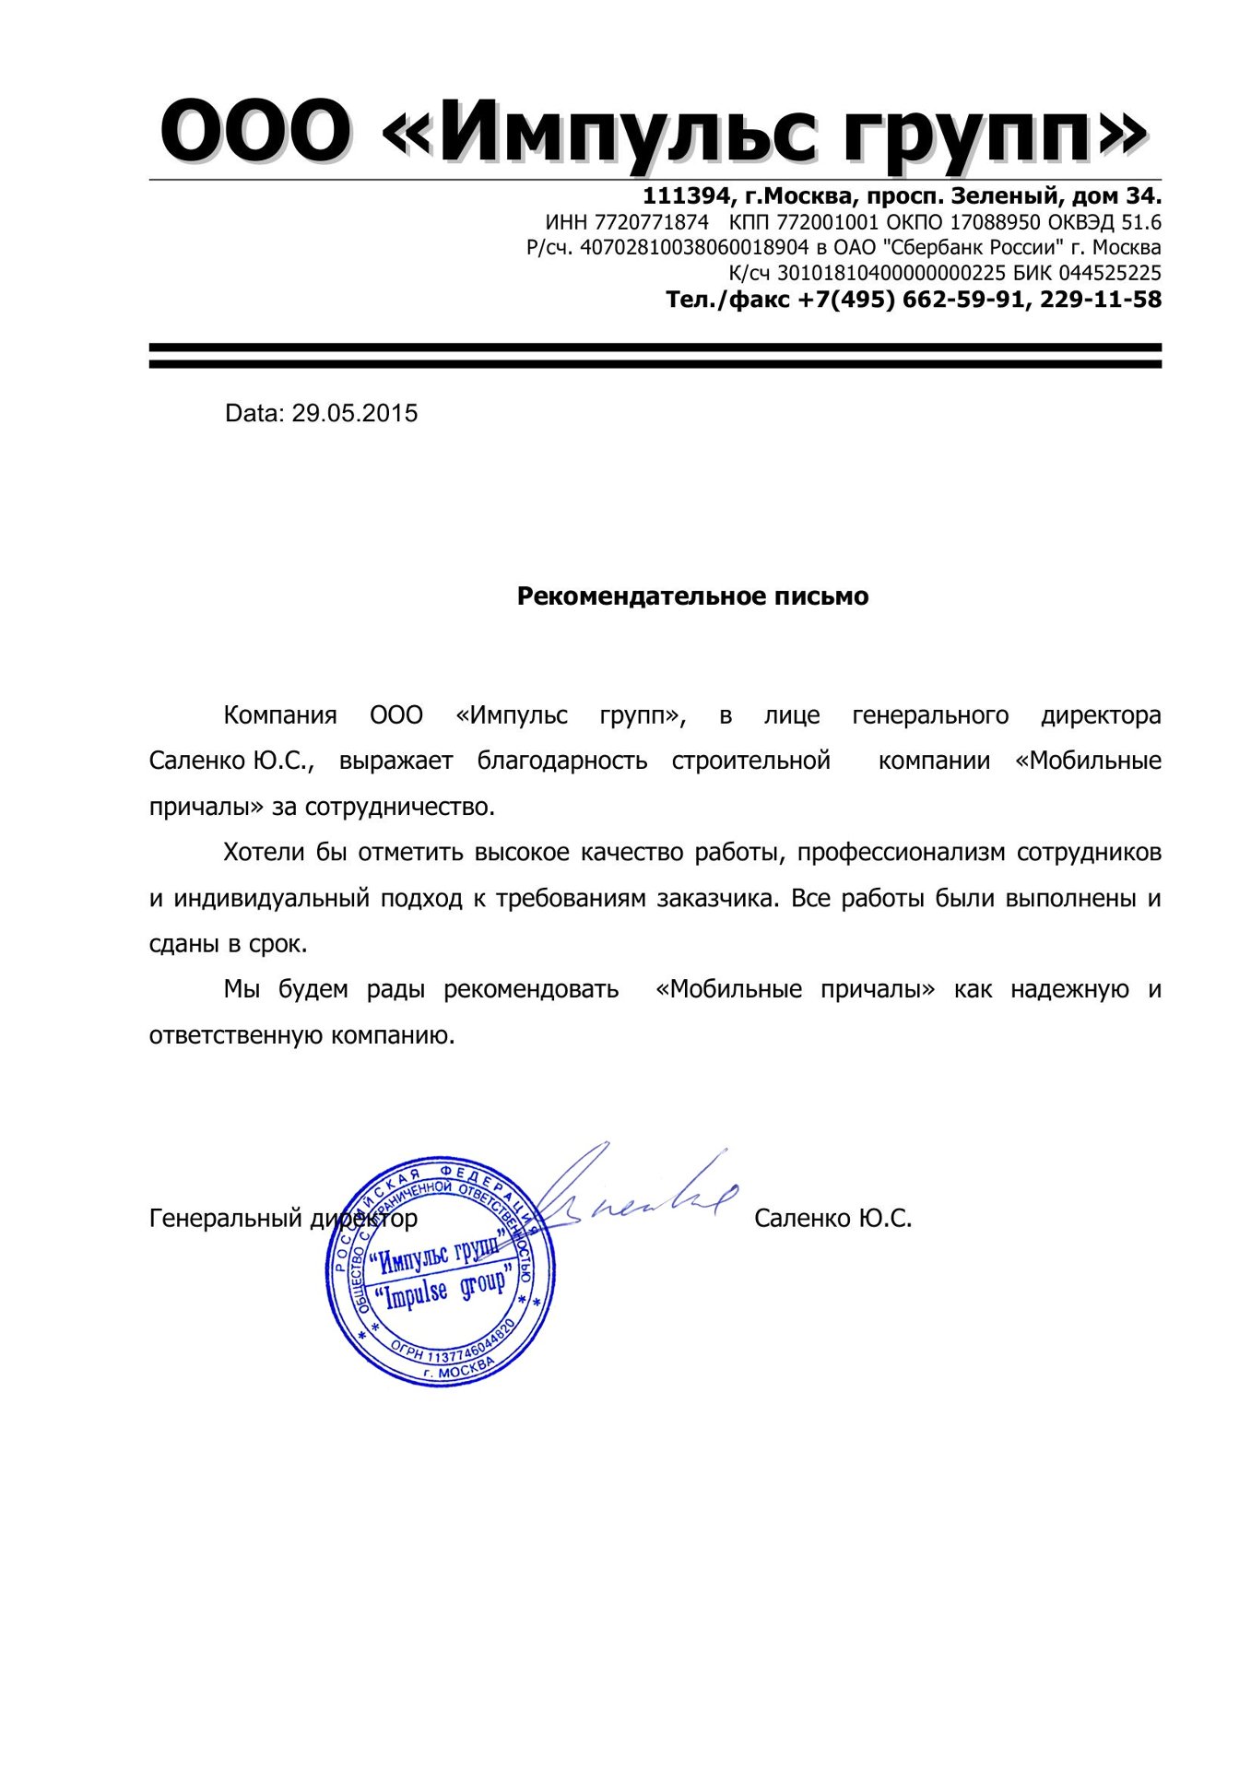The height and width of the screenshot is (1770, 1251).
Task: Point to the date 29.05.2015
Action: pyautogui.click(x=355, y=413)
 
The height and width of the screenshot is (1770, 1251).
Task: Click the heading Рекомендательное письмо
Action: pyautogui.click(x=692, y=596)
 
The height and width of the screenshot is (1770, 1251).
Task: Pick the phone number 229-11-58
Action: pyautogui.click(x=1101, y=300)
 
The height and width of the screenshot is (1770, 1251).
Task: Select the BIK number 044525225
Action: pyautogui.click(x=1109, y=274)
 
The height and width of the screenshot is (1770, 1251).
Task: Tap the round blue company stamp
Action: pyautogui.click(x=442, y=1272)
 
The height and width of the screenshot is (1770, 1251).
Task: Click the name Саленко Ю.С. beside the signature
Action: pyautogui.click(x=832, y=1219)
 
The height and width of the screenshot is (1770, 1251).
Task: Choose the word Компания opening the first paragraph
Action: pyautogui.click(x=280, y=715)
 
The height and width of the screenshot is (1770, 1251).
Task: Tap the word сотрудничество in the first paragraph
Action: pyautogui.click(x=399, y=808)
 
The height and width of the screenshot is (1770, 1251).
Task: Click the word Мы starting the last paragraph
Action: pyautogui.click(x=240, y=990)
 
